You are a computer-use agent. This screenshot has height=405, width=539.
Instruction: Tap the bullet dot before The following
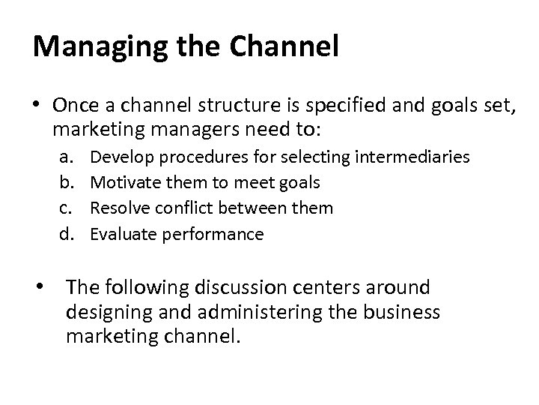(46, 287)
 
